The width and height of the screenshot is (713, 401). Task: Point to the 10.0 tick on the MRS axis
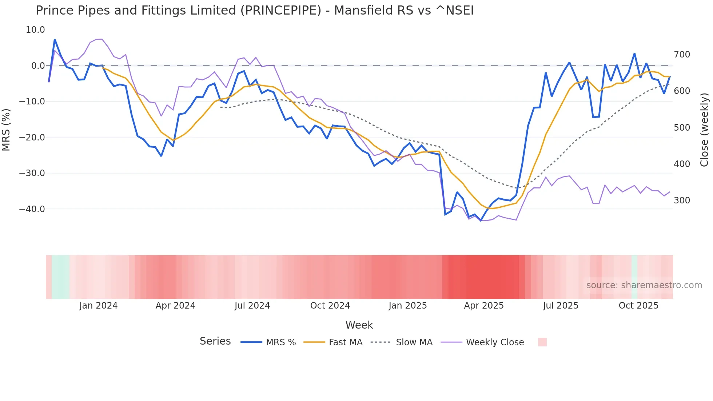coord(35,30)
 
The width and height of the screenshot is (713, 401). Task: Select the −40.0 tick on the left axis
coord(32,209)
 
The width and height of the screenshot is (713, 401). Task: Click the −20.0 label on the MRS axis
coord(32,138)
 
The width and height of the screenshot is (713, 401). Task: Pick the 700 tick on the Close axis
coord(682,55)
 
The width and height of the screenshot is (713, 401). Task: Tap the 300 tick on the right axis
coord(682,200)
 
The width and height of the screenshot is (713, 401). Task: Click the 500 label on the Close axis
coord(682,128)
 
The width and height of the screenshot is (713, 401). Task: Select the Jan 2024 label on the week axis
coord(98,306)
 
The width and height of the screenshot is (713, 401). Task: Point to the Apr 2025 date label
coord(484,306)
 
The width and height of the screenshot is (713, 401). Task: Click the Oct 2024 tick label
coord(330,306)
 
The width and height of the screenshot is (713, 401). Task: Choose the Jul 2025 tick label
coord(561,306)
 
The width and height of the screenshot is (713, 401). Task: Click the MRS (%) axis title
coord(6,130)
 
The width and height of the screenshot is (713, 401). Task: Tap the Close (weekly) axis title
coord(704,130)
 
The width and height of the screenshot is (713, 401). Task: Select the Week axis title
coord(359,325)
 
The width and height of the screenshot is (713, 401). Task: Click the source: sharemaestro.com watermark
coord(644,285)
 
